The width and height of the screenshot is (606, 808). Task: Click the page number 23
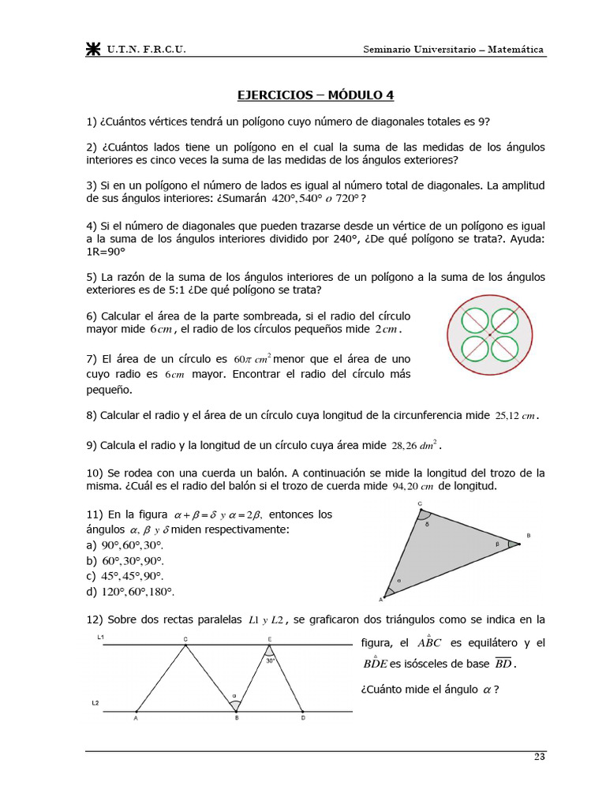(x=539, y=757)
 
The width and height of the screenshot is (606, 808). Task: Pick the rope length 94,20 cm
(x=414, y=487)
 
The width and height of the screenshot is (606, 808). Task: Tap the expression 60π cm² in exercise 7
(x=252, y=360)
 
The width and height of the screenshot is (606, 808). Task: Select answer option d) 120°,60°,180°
(x=129, y=591)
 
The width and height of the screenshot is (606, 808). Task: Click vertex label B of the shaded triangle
(x=528, y=536)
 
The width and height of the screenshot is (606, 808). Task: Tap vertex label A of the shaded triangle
(x=381, y=599)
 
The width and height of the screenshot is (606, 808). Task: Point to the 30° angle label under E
(x=270, y=661)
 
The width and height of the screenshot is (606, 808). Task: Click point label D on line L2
(x=304, y=719)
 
